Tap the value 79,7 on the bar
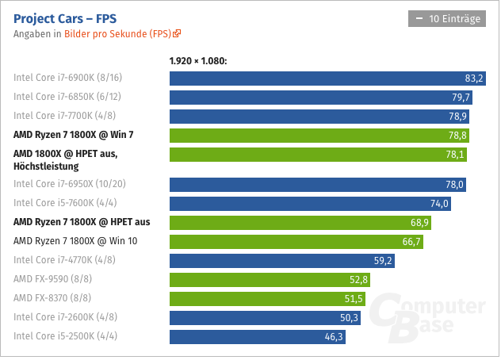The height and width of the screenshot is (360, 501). click(x=461, y=98)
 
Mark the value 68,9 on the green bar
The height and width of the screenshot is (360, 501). click(x=418, y=222)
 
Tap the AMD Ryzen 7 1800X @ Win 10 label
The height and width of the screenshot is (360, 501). click(x=75, y=240)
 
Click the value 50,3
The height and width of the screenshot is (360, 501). click(x=348, y=318)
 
